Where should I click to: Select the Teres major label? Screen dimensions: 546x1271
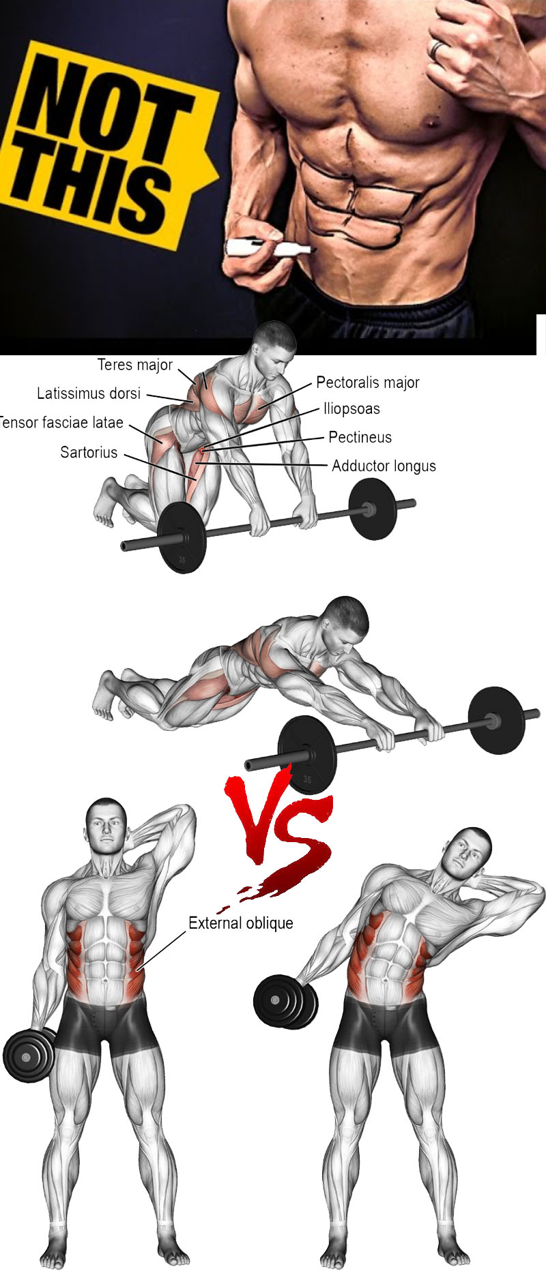coord(135,365)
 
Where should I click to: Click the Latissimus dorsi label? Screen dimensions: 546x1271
coord(89,393)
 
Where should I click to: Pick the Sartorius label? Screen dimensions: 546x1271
coord(89,452)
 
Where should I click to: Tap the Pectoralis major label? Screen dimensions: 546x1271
coord(368,383)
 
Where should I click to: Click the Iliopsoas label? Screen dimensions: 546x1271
coord(351,409)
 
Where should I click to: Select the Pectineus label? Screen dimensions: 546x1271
coord(360,437)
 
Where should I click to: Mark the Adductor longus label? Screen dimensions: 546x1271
coord(384,466)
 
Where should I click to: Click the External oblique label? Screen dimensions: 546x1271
coord(241,923)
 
